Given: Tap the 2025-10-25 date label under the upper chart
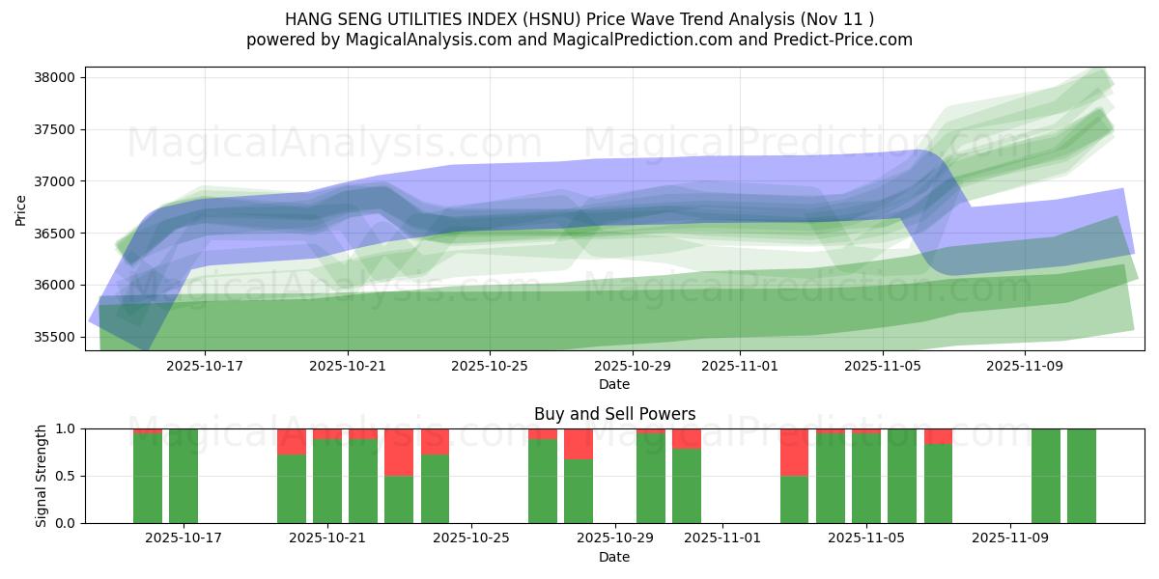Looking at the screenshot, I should tap(490, 366).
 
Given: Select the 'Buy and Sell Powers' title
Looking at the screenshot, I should tap(614, 414).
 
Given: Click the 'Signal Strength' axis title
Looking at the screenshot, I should tap(41, 476).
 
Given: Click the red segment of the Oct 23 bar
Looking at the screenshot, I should tap(399, 452).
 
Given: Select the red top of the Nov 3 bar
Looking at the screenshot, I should tap(794, 452).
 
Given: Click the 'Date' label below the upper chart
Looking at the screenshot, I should tap(614, 384).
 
